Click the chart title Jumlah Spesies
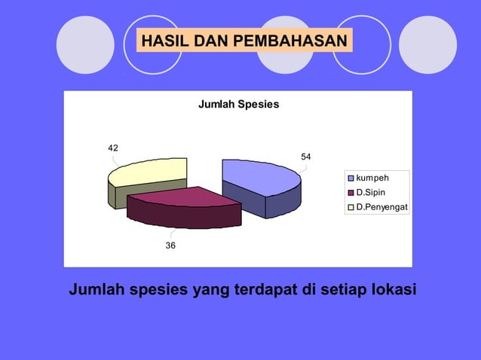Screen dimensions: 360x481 tap(238, 104)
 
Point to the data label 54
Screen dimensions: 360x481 tap(306, 157)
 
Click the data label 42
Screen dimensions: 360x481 tap(112, 148)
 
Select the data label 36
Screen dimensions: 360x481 tap(172, 246)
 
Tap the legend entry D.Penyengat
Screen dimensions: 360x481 tap(381, 206)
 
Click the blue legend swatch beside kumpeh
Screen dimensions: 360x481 tap(351, 178)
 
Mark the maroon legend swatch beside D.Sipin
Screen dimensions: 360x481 tap(351, 193)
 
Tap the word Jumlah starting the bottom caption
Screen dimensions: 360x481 tap(97, 289)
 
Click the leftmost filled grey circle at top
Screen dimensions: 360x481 tap(85, 44)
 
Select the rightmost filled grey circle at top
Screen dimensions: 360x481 tap(427, 44)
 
